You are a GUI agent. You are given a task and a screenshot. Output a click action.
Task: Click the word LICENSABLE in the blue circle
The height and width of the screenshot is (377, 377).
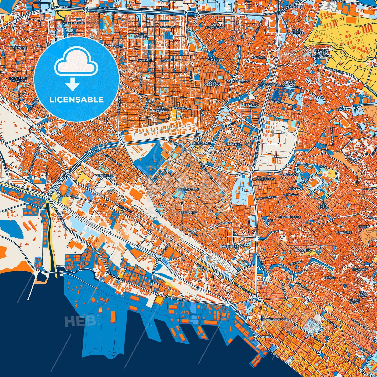77,100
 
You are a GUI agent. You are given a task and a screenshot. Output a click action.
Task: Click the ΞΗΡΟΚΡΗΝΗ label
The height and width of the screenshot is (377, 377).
229,246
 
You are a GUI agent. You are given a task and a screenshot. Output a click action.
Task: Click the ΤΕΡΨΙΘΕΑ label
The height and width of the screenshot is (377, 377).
234,144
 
